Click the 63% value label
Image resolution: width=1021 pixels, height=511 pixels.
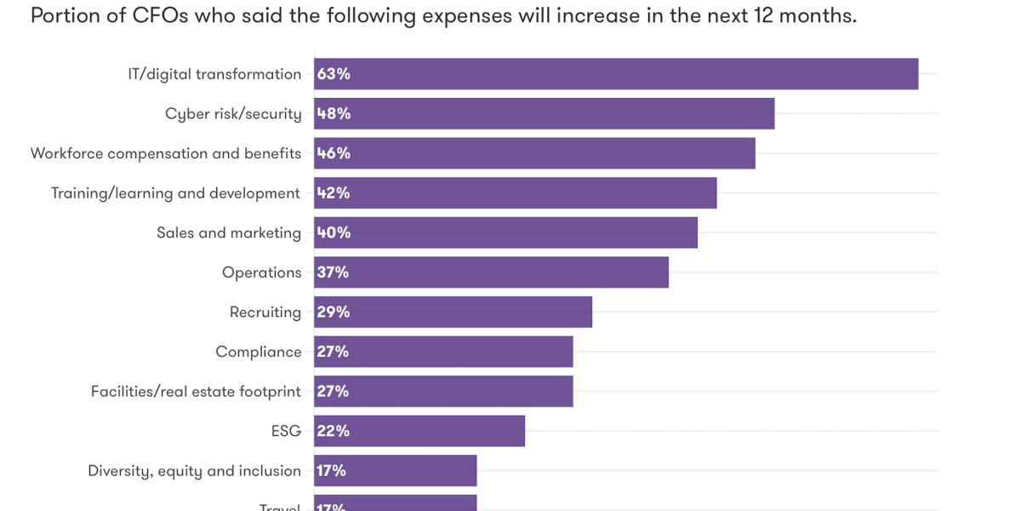[x=334, y=74]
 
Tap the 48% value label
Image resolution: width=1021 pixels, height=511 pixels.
[x=334, y=113]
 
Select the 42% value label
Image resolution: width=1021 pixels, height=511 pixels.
[x=334, y=193]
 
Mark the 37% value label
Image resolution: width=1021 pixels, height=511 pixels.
[x=333, y=273]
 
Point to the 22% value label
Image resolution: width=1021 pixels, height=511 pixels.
[x=333, y=431]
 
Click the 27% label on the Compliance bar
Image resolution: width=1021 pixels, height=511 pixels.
[x=333, y=352]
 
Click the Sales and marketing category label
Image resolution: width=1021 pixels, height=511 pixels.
[x=229, y=233]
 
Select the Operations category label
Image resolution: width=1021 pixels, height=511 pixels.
[x=261, y=273]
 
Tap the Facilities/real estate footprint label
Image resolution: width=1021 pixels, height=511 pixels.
[x=196, y=392]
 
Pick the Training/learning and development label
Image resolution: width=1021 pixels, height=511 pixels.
[x=175, y=193]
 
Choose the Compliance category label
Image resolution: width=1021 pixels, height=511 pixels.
[x=258, y=352]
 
